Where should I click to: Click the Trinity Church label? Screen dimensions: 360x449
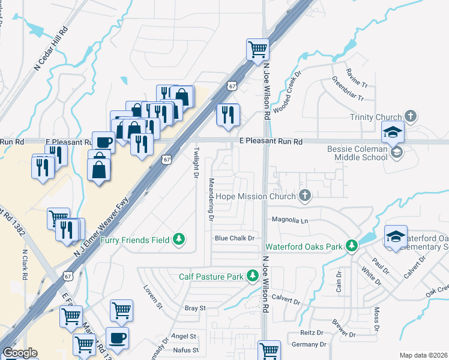(375, 117)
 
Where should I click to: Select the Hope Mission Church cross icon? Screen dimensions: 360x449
(305, 196)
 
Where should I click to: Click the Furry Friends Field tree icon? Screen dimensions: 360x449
(178, 240)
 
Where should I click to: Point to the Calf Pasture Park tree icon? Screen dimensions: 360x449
(253, 276)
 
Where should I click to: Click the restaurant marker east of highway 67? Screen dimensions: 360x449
(228, 115)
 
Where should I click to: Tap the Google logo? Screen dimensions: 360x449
(20, 353)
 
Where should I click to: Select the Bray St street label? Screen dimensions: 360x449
(195, 308)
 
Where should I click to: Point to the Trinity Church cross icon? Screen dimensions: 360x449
(410, 116)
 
